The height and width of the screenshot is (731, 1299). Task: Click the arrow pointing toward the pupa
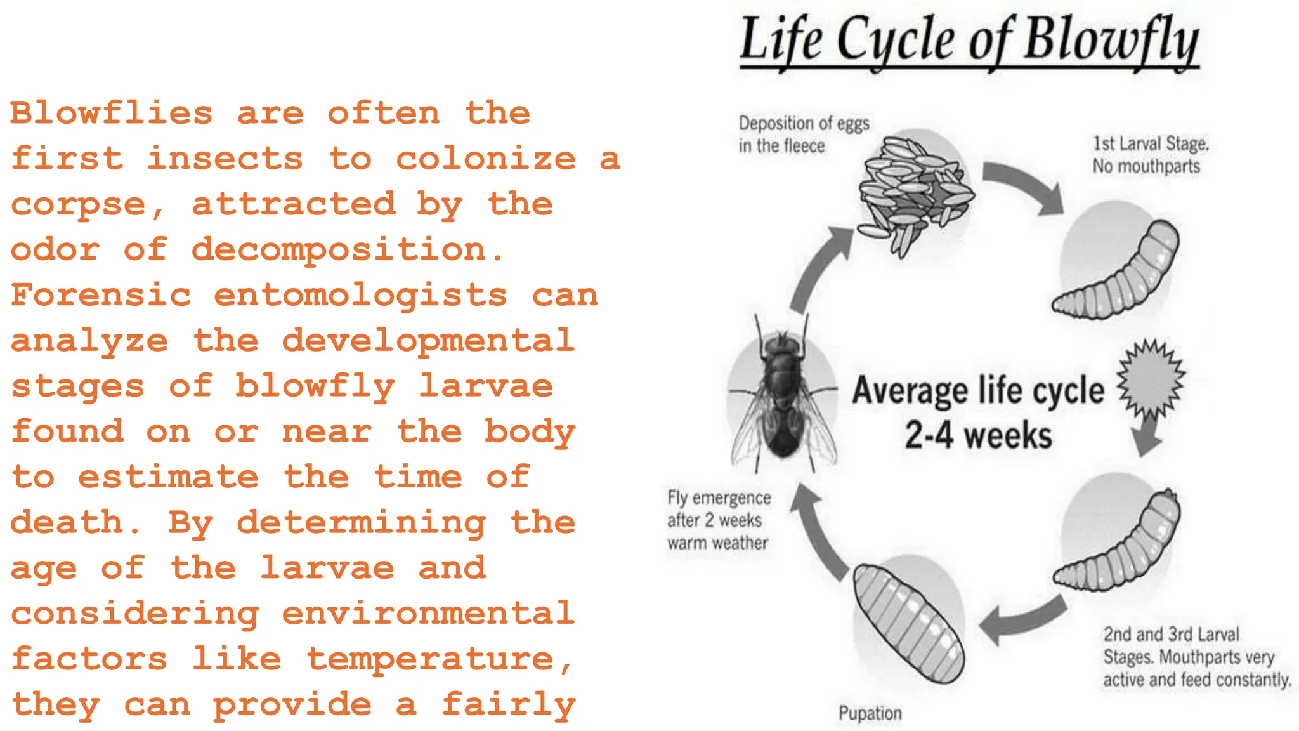coord(1021,619)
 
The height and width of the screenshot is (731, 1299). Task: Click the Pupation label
coord(870,713)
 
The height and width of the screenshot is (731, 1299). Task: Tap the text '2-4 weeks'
coord(977,436)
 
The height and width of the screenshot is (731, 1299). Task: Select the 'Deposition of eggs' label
coord(804,123)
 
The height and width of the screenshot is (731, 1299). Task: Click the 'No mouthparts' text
coord(1146,166)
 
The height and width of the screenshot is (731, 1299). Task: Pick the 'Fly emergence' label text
coord(719,498)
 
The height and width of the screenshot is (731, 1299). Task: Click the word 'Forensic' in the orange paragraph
coord(101,295)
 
